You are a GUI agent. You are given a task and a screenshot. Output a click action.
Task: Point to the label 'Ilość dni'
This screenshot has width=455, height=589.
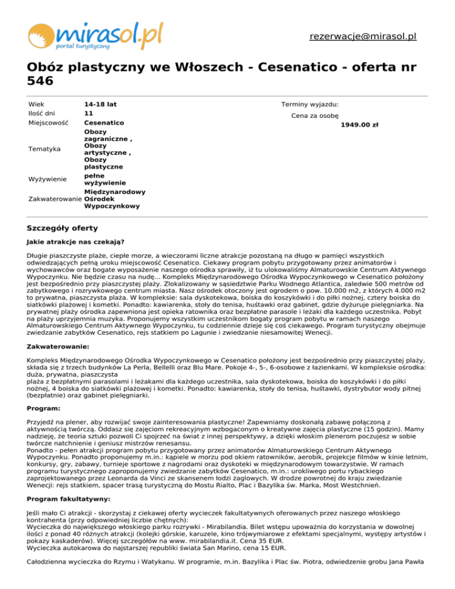coord(41,113)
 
